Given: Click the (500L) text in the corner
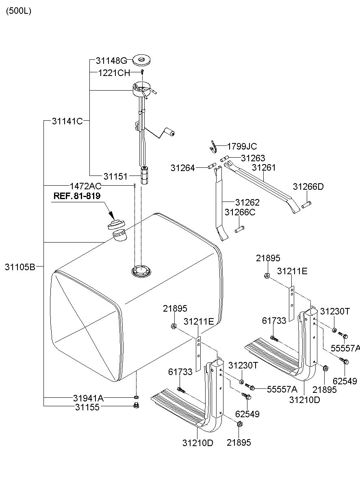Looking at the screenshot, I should coord(18,11).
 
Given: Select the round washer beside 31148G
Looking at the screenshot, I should coord(142,61).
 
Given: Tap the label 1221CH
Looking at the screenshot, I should coord(114,73).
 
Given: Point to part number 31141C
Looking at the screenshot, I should coord(67,121).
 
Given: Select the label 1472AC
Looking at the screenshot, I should coord(85,186).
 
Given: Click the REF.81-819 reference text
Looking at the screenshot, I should coord(77,196).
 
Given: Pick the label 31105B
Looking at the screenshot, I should coord(20,267).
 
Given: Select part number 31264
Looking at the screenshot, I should coord(183,167).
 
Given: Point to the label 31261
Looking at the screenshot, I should coord(264,167).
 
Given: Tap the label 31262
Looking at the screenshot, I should coord(247,202).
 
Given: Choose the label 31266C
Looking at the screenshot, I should coord(240,212).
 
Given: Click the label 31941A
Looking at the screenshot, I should coord(88,398).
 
